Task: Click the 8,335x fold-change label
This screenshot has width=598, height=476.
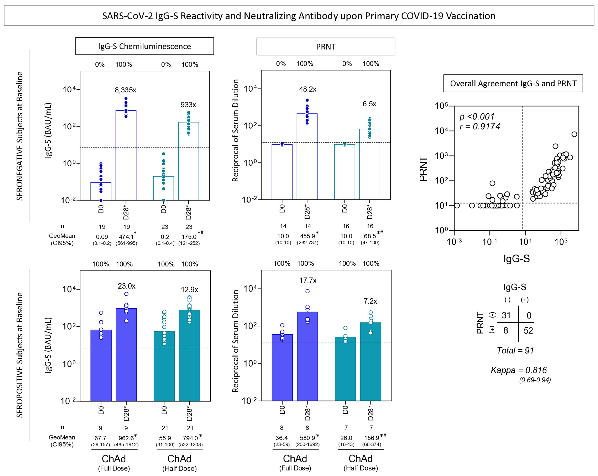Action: point(125,90)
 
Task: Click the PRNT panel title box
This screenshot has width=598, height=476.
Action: point(326,47)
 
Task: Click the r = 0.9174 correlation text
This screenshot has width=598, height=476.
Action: point(480,126)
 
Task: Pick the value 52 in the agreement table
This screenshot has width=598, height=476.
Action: point(528,331)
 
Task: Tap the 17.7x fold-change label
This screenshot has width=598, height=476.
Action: point(308,281)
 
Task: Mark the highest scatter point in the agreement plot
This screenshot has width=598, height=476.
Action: point(574,134)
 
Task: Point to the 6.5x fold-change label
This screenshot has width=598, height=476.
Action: point(369,104)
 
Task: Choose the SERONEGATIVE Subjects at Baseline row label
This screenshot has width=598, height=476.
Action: point(19,136)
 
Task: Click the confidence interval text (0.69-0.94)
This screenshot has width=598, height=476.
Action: point(535,380)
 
